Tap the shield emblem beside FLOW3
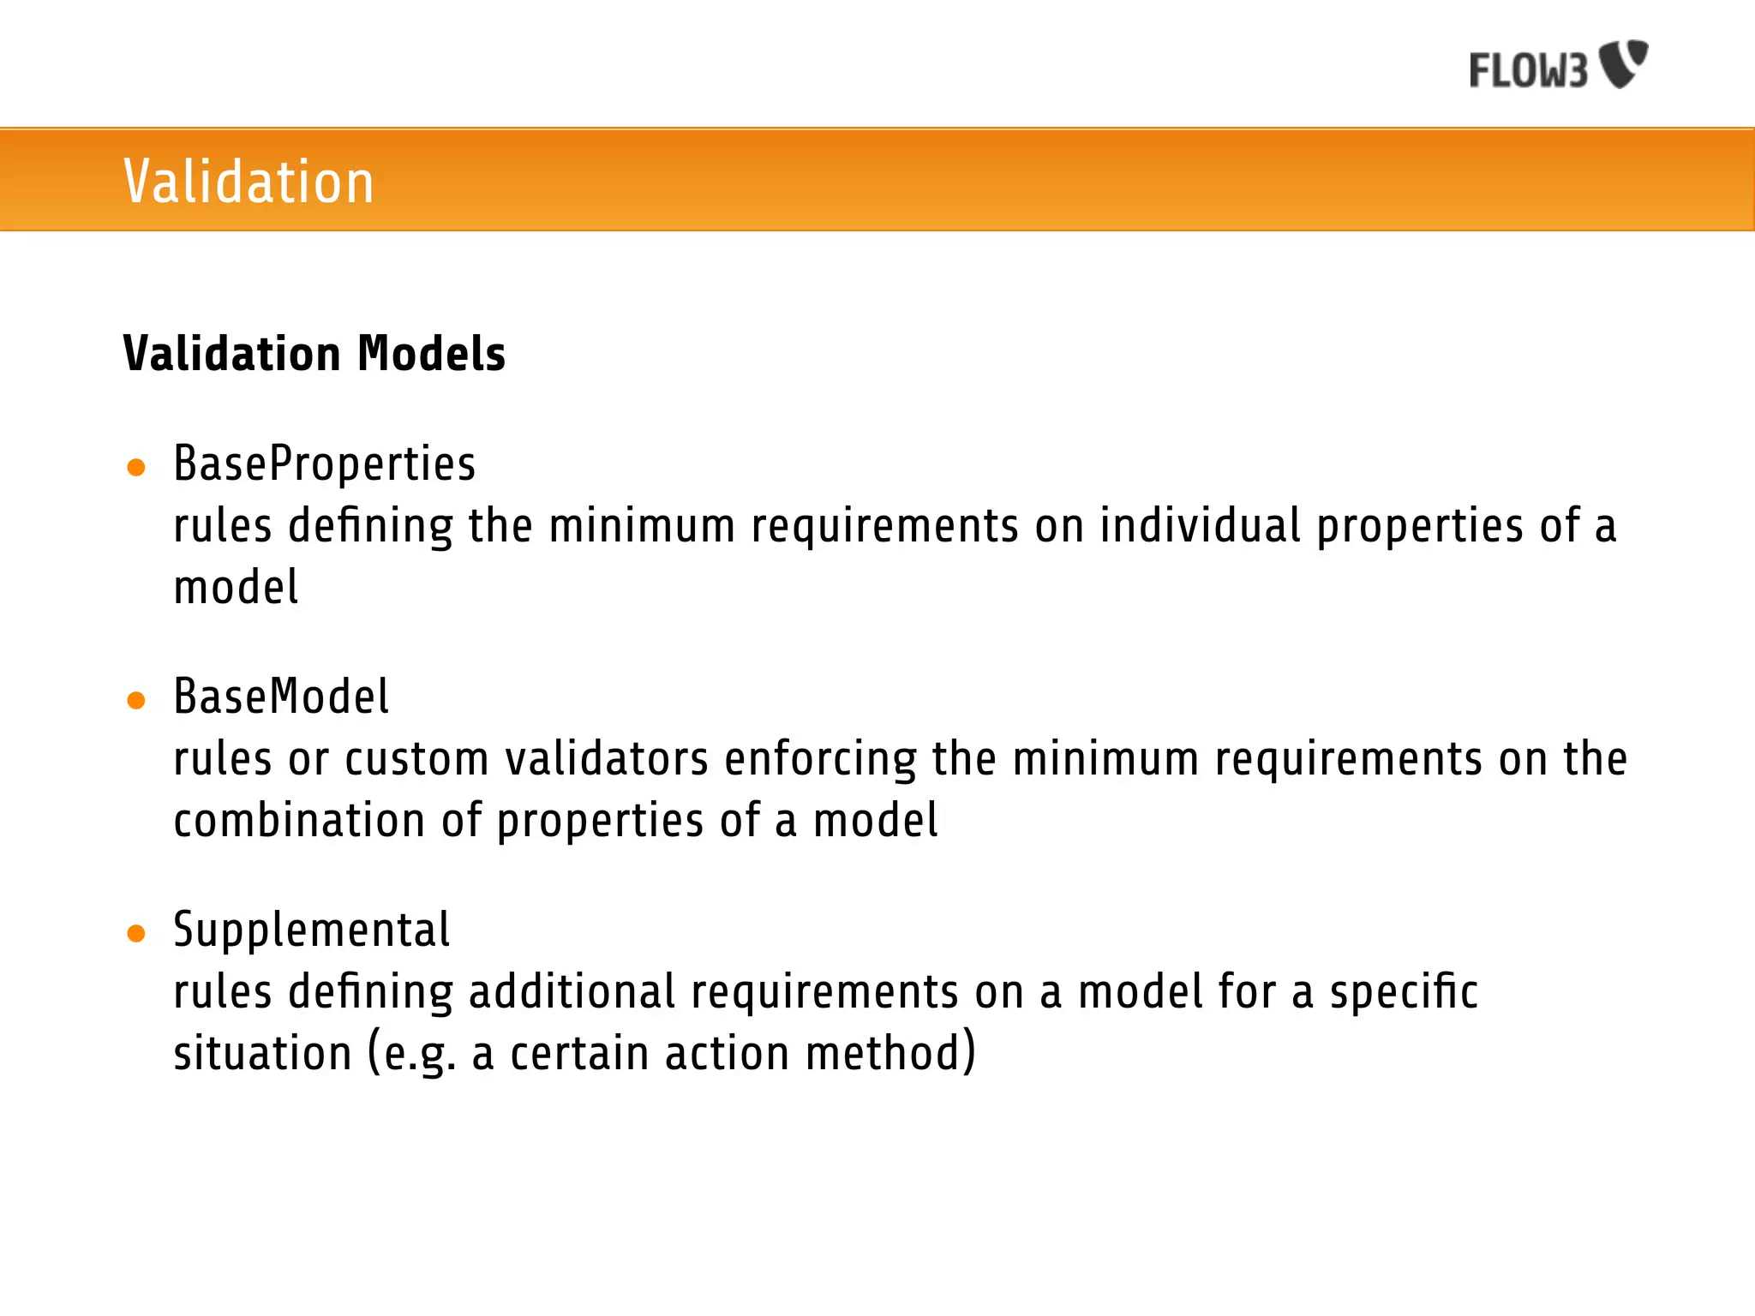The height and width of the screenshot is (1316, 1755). pyautogui.click(x=1625, y=63)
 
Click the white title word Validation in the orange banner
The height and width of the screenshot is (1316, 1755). pyautogui.click(x=249, y=182)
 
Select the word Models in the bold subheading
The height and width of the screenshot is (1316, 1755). pyautogui.click(x=431, y=354)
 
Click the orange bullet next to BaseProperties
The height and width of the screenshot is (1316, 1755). pyautogui.click(x=135, y=468)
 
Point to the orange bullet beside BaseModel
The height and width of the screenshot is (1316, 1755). pyautogui.click(x=135, y=701)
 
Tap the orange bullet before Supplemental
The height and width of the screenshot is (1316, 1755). pyautogui.click(x=135, y=933)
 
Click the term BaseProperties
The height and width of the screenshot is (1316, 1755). pyautogui.click(x=324, y=464)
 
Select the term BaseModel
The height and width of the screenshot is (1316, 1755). pyautogui.click(x=281, y=697)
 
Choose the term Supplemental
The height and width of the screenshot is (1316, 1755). pyautogui.click(x=311, y=930)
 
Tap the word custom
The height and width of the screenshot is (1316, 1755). pyautogui.click(x=416, y=759)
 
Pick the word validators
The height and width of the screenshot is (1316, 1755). pyautogui.click(x=607, y=759)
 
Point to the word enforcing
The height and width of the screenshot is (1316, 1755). pyautogui.click(x=820, y=759)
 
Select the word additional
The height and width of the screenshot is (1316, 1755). pyautogui.click(x=572, y=992)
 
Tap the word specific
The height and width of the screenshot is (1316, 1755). pyautogui.click(x=1403, y=992)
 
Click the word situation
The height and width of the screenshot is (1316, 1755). pyautogui.click(x=262, y=1054)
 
